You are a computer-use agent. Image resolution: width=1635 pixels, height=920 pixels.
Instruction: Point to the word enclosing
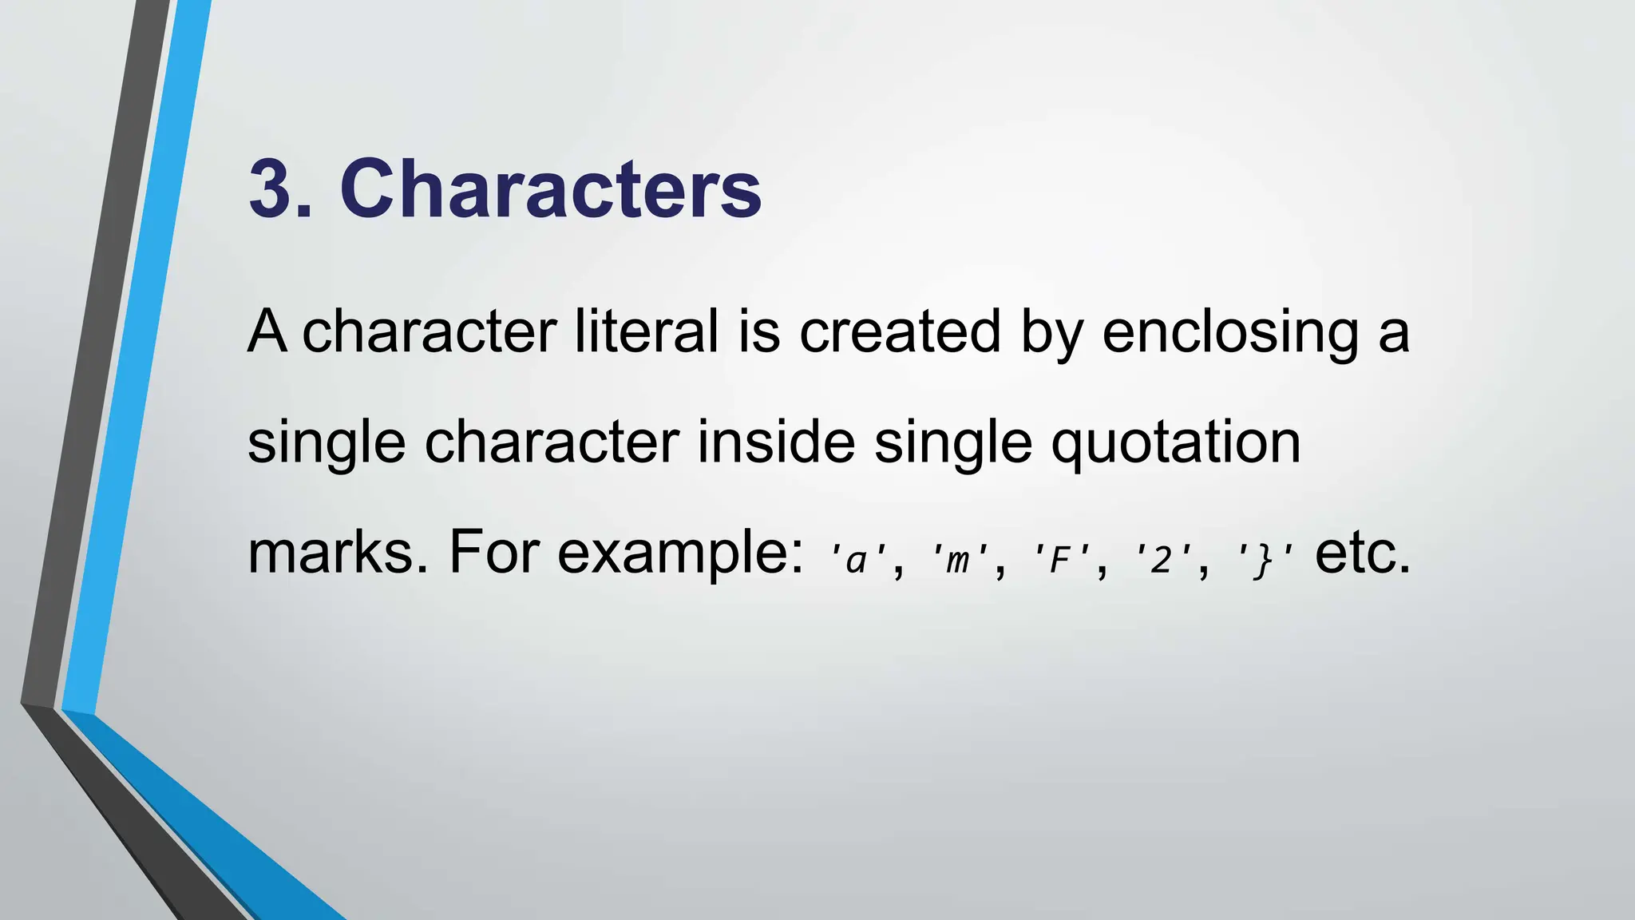coord(1229,334)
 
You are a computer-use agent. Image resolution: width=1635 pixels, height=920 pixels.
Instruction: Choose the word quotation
coord(1175,444)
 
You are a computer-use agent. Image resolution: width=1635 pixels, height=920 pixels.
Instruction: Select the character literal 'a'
coord(857,559)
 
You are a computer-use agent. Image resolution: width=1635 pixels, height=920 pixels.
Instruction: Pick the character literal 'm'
coord(958,559)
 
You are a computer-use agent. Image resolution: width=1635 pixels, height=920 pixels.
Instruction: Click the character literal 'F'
coord(1059,559)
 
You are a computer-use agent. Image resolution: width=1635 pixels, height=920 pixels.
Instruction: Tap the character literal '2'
coord(1161,559)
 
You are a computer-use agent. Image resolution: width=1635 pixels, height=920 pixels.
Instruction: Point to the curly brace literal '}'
coord(1262,559)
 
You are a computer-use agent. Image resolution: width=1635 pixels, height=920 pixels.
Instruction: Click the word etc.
coord(1363,553)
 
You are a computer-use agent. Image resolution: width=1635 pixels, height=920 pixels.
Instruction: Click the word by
coord(1051,334)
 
